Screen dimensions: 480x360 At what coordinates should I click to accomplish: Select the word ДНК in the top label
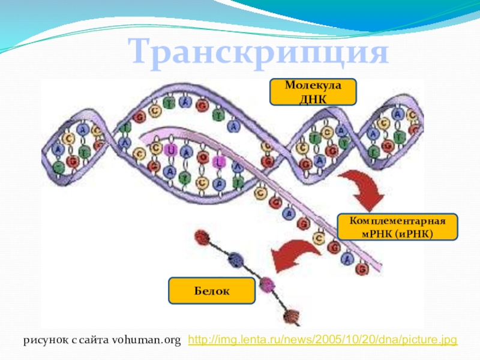[x=312, y=98]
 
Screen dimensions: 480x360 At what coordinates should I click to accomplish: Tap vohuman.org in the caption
[x=146, y=341]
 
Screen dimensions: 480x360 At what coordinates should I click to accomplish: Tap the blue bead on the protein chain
[x=236, y=259]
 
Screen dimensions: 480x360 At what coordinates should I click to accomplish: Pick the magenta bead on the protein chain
[x=266, y=284]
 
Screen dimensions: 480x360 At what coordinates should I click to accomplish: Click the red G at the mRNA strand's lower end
[x=361, y=269]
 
